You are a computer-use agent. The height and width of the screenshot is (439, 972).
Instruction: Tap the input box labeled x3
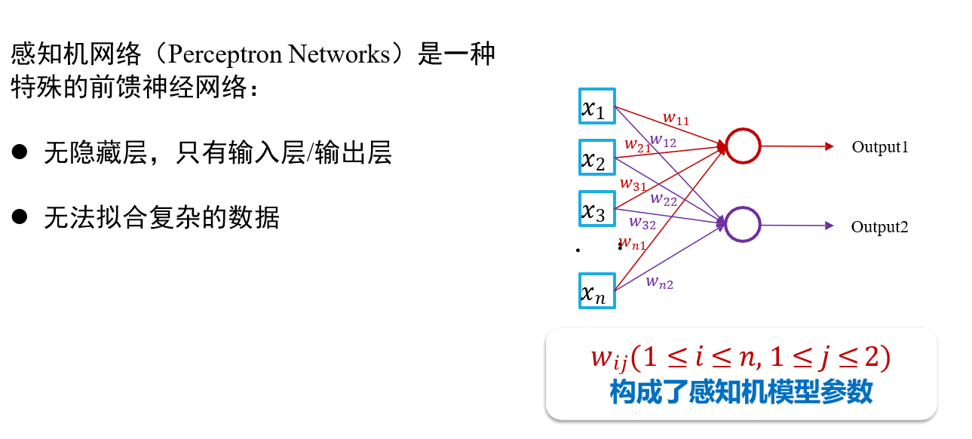click(x=597, y=210)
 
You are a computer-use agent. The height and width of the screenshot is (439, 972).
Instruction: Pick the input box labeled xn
click(x=597, y=290)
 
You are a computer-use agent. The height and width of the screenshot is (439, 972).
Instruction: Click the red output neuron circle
click(x=743, y=146)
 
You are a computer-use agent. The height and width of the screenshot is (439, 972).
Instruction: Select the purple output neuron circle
click(x=743, y=225)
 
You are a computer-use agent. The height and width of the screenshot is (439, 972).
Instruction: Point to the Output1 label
click(x=880, y=147)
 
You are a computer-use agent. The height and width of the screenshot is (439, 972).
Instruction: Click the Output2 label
click(x=880, y=227)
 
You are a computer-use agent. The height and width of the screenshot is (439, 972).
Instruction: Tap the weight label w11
click(x=676, y=118)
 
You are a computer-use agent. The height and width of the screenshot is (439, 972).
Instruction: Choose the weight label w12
click(x=663, y=140)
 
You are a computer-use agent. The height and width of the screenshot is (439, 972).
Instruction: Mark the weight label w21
click(x=638, y=145)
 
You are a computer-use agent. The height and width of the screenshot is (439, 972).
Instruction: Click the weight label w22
click(x=664, y=199)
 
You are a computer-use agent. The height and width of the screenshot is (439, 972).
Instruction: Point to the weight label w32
click(x=642, y=223)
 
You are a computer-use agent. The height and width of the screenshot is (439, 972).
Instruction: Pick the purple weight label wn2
click(x=659, y=283)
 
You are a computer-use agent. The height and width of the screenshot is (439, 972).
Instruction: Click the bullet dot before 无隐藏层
click(x=20, y=152)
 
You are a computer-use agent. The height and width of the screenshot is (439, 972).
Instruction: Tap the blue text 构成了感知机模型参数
click(x=741, y=392)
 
